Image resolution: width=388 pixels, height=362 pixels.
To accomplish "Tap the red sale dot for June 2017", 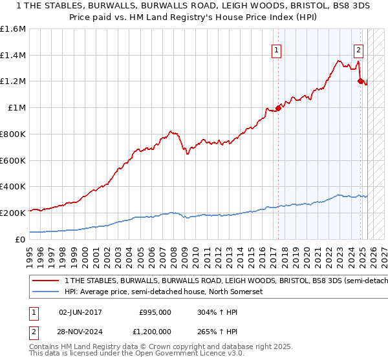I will tap(278, 108).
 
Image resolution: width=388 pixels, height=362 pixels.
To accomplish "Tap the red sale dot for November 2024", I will tap(360, 81).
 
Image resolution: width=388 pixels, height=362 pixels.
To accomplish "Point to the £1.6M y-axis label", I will tap(13, 29).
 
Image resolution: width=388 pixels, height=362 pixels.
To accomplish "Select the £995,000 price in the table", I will tap(155, 312).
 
